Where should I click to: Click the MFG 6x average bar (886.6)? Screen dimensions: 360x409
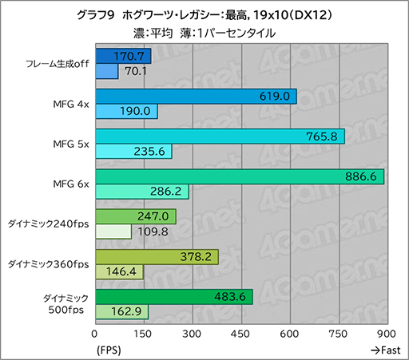tap(240, 176)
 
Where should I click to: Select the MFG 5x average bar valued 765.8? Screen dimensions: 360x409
tap(220, 136)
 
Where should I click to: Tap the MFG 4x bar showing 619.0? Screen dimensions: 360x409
tap(196, 97)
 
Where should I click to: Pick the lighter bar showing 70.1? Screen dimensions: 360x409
tap(107, 72)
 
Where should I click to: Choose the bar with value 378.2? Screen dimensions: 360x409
tap(157, 256)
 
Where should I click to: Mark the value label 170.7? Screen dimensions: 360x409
tap(130, 57)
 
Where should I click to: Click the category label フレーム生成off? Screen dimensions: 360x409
tap(58, 64)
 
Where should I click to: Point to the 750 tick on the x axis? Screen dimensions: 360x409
tap(339, 333)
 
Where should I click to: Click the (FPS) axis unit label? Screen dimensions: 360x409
tap(109, 350)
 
